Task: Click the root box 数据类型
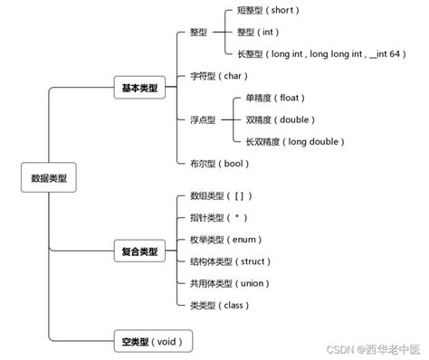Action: (48, 178)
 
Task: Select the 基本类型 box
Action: (138, 89)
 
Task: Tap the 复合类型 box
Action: (138, 251)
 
